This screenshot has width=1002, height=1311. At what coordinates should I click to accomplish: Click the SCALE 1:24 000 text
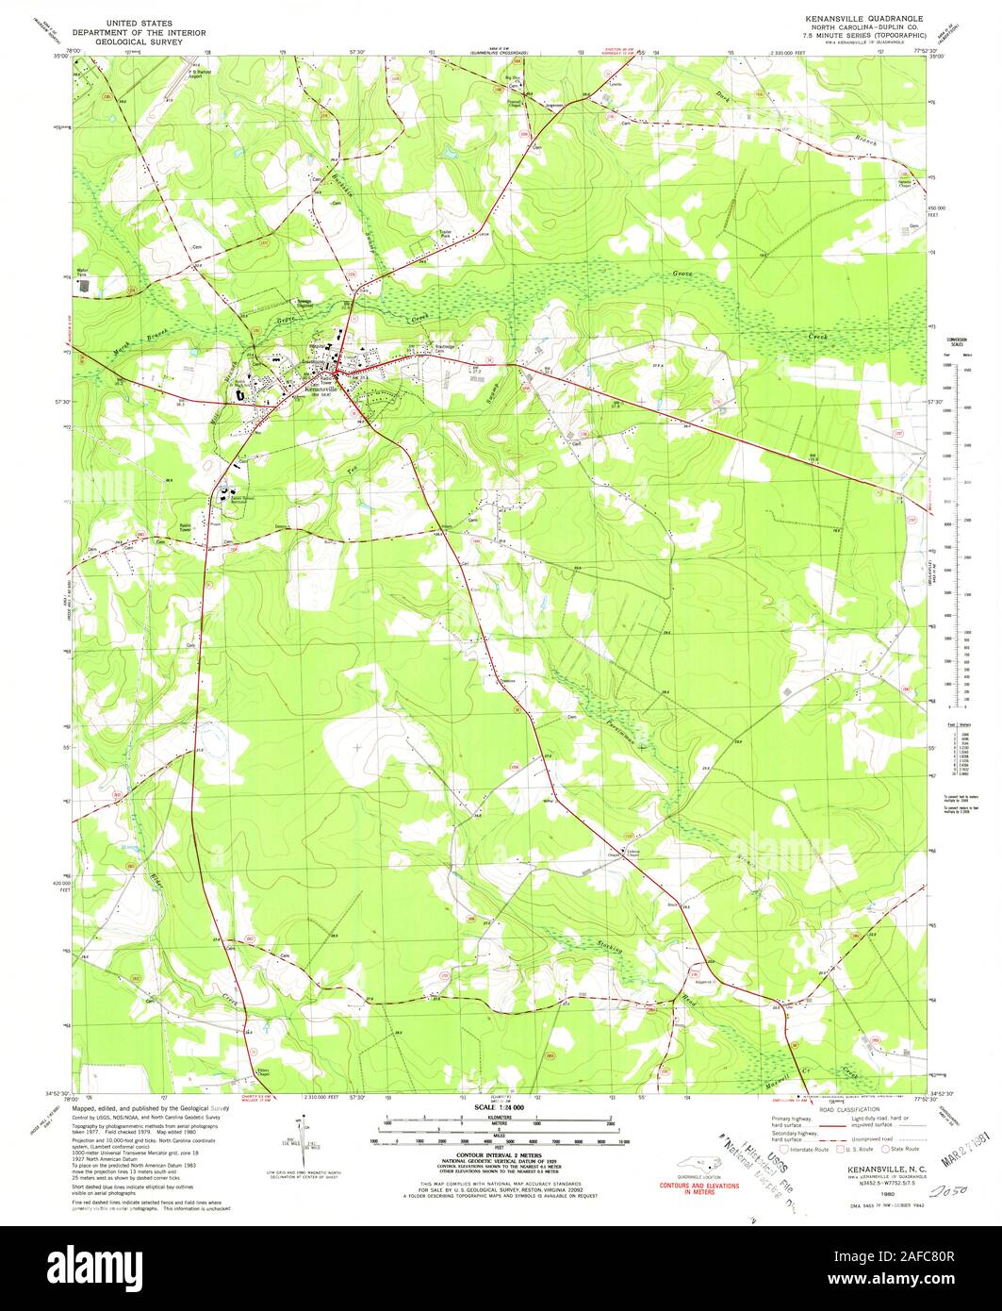click(x=500, y=1105)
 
